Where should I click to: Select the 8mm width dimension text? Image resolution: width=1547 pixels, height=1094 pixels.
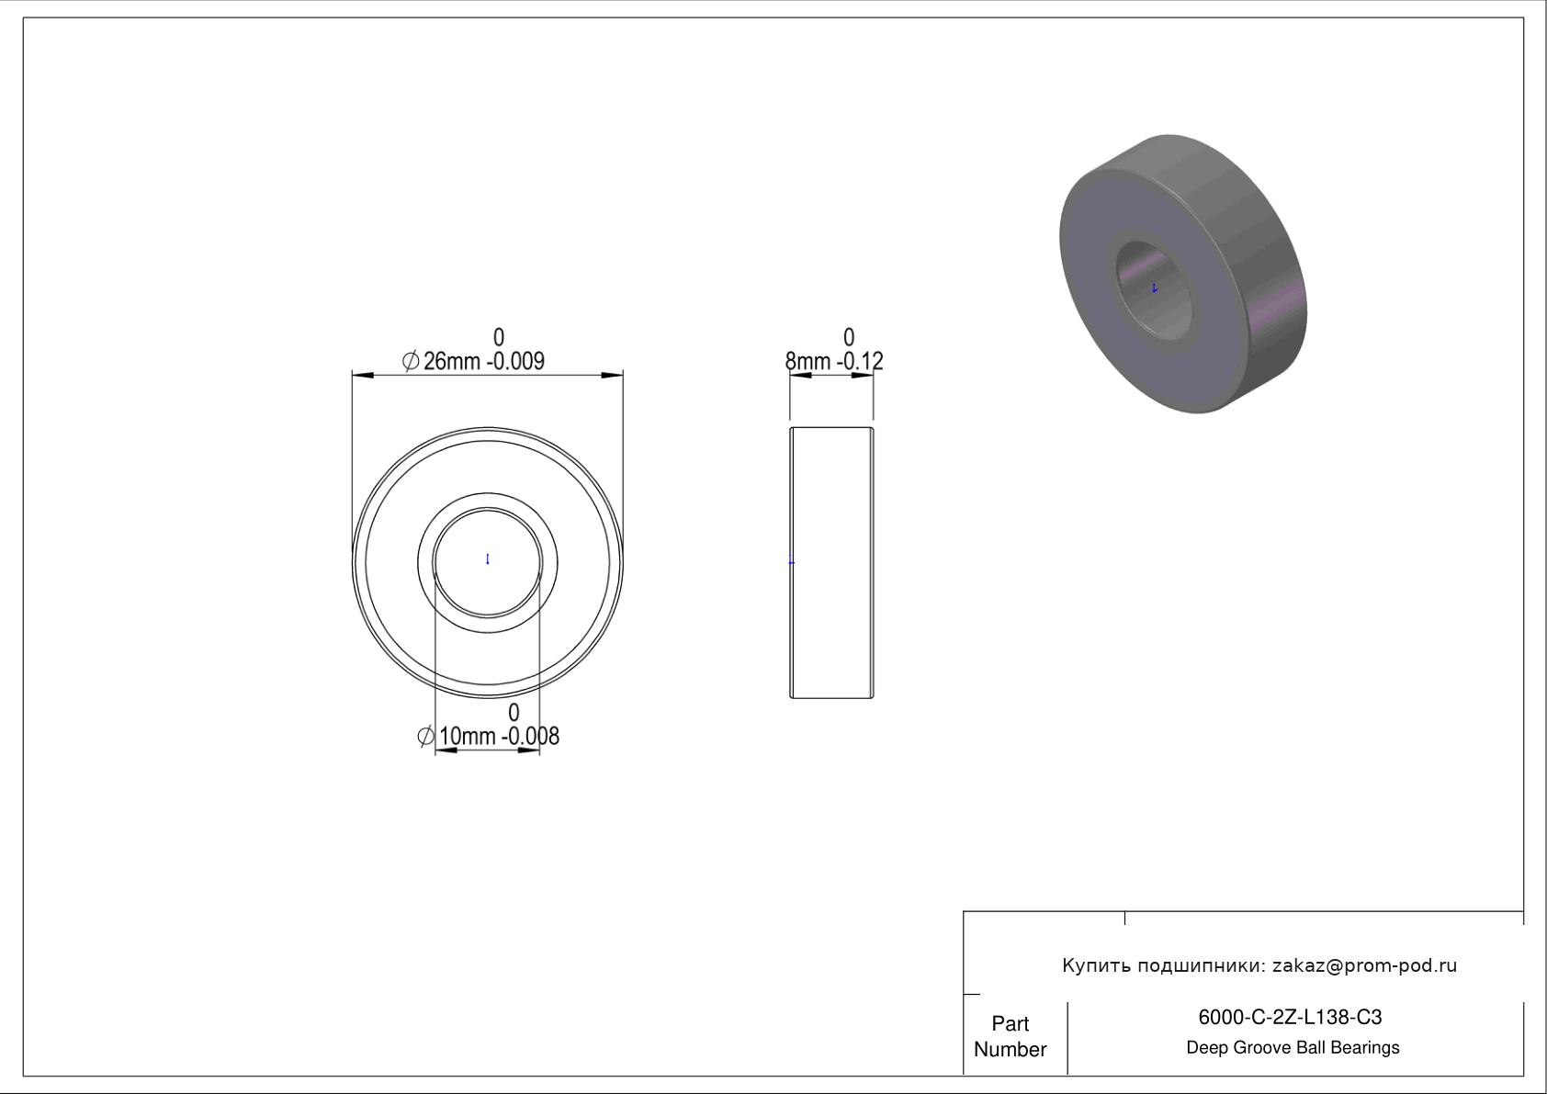point(834,360)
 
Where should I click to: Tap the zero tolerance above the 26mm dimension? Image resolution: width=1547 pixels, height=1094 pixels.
point(499,337)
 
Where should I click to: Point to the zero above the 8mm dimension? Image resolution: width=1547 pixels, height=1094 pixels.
point(849,337)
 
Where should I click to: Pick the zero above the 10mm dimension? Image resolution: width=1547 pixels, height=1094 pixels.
point(514,712)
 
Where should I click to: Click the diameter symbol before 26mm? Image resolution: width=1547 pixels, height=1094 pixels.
point(411,360)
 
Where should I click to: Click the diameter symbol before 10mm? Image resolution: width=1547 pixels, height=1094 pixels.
point(425,737)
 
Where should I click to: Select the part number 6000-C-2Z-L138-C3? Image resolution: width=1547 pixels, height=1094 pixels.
point(1290,1018)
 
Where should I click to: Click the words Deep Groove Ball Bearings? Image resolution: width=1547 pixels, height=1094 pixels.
point(1293,1048)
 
